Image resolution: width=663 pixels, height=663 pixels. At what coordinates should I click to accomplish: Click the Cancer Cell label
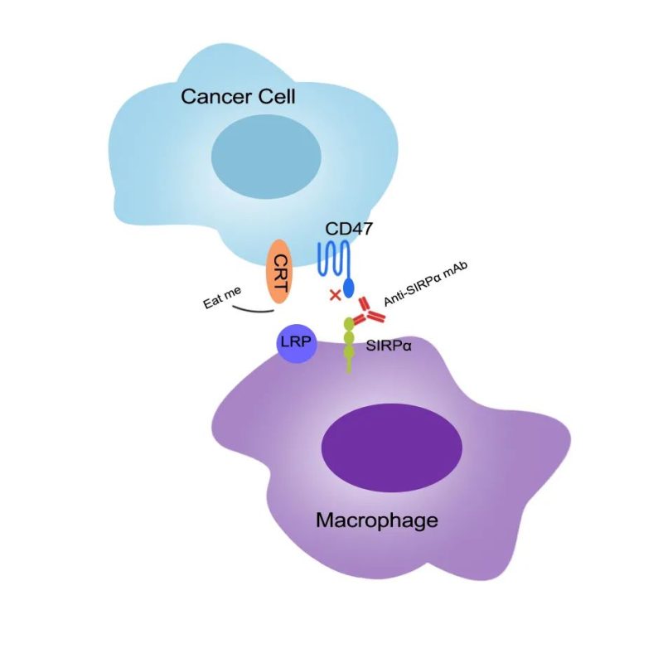tap(239, 99)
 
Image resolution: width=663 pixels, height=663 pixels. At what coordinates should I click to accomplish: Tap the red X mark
tap(335, 294)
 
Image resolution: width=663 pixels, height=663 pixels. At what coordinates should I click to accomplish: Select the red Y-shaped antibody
tap(368, 314)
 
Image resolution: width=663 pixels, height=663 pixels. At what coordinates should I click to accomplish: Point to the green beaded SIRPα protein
tap(349, 341)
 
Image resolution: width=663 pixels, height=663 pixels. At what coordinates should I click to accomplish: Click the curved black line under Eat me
tap(253, 311)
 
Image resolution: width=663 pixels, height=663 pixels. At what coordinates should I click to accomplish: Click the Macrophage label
tap(376, 521)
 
